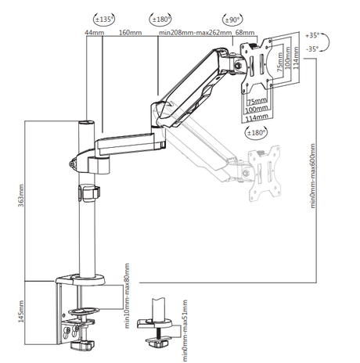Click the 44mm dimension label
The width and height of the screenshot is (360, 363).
[95, 33]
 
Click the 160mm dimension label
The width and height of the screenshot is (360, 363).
[131, 33]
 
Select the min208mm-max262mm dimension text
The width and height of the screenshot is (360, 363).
[196, 33]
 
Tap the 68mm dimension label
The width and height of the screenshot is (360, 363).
[245, 33]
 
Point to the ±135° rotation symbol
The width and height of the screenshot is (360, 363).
[104, 19]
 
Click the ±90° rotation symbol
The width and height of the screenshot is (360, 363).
[232, 20]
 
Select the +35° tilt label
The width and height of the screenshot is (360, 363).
[312, 35]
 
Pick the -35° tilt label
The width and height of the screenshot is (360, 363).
[312, 49]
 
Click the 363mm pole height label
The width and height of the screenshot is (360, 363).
[21, 196]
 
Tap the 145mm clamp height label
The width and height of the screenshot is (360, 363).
[21, 311]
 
